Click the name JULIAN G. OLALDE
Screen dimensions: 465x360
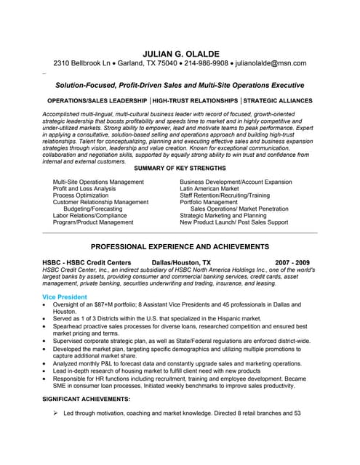180,53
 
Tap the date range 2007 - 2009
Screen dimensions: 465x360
292,262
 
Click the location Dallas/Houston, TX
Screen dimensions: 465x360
181,262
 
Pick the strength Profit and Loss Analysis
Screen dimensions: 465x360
84,188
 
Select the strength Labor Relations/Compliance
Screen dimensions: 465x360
90,216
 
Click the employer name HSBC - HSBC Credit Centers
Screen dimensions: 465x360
87,262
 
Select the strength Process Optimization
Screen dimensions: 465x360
81,195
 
